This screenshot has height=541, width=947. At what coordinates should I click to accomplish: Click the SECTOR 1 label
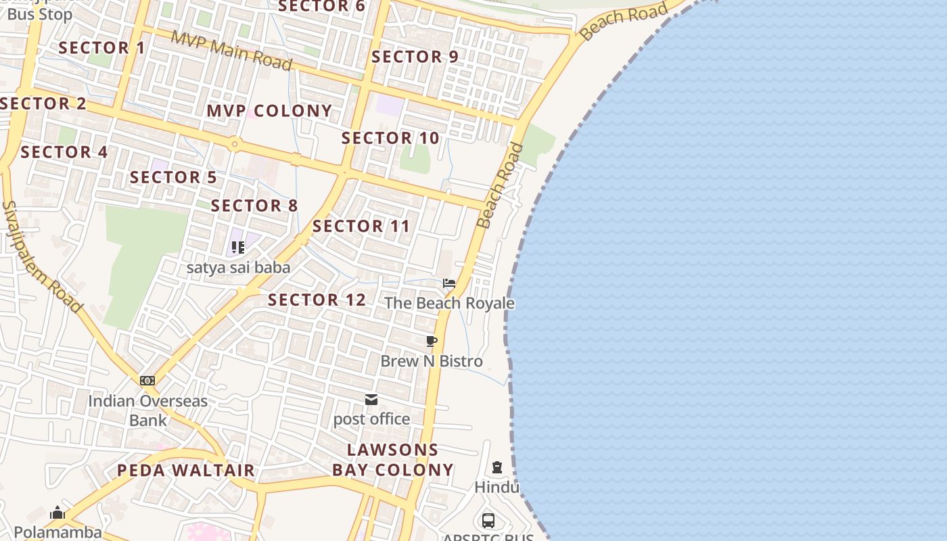(101, 48)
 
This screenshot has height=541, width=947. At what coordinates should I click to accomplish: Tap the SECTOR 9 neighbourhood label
(415, 57)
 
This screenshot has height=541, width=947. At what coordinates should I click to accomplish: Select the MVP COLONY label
(269, 111)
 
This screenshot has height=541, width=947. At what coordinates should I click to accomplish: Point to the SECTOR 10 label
(390, 138)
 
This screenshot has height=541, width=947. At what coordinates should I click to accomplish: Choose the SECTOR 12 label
(317, 300)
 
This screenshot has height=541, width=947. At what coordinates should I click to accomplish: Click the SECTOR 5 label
(173, 178)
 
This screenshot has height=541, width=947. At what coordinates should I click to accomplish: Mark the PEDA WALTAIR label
(186, 470)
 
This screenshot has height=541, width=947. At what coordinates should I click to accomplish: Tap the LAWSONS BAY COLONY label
(393, 460)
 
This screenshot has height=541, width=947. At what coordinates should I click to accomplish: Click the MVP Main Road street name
(231, 50)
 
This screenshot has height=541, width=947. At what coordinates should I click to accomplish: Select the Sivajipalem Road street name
(42, 256)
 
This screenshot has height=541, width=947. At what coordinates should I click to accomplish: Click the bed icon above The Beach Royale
(448, 283)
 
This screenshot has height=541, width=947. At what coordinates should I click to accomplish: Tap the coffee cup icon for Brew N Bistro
(432, 342)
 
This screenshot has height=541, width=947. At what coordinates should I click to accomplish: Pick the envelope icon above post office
(371, 400)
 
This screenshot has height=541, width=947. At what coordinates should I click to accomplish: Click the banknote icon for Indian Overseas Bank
(147, 381)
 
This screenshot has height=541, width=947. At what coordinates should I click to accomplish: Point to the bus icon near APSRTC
(488, 521)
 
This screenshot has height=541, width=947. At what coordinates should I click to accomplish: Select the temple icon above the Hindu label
(497, 467)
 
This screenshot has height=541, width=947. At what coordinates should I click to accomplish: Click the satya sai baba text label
(238, 268)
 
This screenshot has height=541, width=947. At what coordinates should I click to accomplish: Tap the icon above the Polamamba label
(57, 513)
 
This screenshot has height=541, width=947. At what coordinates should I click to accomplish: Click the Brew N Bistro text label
(432, 361)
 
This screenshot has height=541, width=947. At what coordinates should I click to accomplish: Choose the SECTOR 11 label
(361, 227)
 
